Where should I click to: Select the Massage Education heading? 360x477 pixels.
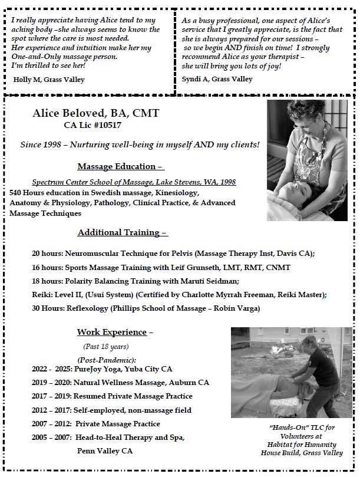120,167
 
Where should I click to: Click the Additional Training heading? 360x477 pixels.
123,233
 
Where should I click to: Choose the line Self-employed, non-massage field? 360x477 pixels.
133,410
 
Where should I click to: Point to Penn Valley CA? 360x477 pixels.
105,450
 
